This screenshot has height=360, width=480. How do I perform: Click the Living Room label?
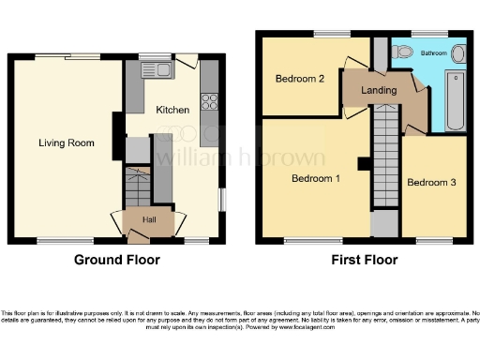67,142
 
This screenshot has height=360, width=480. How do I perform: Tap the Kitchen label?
172,111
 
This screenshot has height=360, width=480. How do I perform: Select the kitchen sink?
154,69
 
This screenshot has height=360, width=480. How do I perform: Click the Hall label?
149,219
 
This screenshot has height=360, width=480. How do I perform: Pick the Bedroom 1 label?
315,178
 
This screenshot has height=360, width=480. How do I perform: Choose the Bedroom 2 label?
300,80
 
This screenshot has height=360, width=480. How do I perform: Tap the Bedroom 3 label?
431,183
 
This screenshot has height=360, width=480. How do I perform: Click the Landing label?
379,90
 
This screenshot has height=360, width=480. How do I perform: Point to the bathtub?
457,98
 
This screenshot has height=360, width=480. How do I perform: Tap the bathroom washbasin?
457,53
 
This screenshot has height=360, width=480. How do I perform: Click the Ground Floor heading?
117,260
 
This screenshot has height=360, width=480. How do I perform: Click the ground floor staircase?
138,187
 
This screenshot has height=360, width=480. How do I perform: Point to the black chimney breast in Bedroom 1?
363,164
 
